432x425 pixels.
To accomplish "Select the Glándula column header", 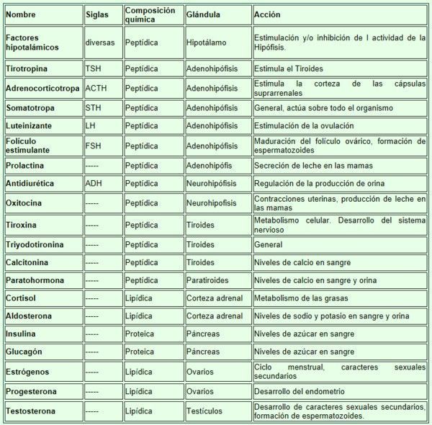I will [204, 15].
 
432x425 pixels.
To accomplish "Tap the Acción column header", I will [268, 15].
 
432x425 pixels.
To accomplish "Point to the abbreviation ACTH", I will [96, 89].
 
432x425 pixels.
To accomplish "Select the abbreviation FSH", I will [93, 146].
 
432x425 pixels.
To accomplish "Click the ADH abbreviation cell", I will [94, 184].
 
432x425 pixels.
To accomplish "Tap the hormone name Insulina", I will [22, 334].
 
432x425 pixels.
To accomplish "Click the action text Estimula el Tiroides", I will [289, 69].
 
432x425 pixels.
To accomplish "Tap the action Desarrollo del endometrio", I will [299, 392].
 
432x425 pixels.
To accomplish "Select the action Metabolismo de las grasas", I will [301, 298].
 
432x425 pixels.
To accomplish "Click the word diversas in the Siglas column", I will [99, 42].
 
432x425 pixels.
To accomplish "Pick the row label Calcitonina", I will [28, 262].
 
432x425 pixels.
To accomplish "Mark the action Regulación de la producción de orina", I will [319, 184].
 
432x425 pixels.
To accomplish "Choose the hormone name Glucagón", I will [24, 352].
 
